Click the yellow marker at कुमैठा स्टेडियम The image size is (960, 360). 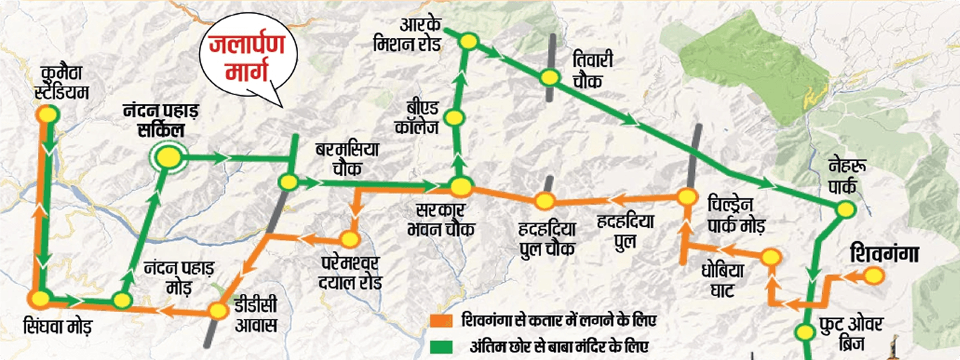pyautogui.click(x=48, y=113)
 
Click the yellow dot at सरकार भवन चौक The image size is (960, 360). pyautogui.click(x=461, y=187)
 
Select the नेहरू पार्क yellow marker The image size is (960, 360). pyautogui.click(x=845, y=209)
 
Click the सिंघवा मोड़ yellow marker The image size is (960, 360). pyautogui.click(x=40, y=298)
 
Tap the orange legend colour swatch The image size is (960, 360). pyautogui.click(x=442, y=321)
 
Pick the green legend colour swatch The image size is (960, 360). pyautogui.click(x=442, y=346)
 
